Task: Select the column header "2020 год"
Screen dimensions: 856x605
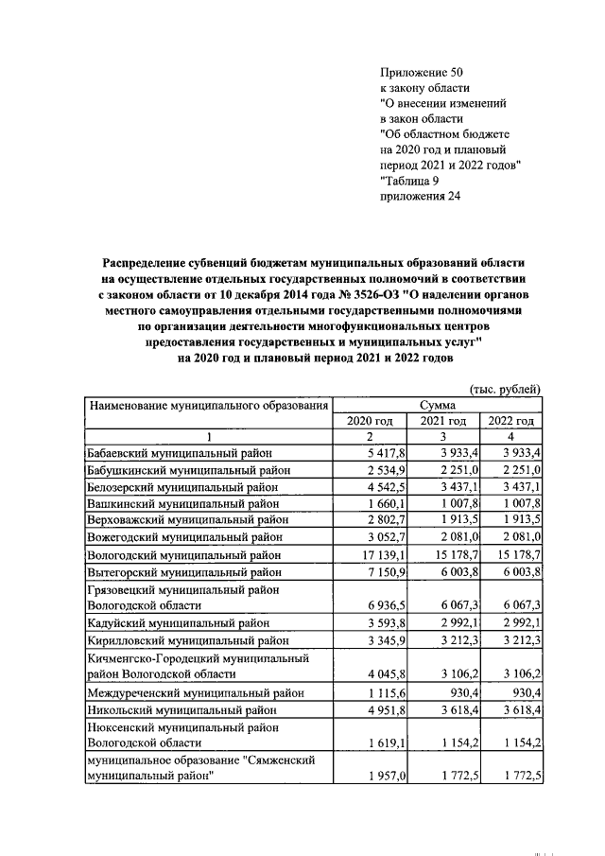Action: (370, 421)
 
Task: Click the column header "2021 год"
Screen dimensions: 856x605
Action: (442, 421)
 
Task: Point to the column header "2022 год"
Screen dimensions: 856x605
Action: (510, 421)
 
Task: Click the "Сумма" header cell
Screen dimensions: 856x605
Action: (439, 405)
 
